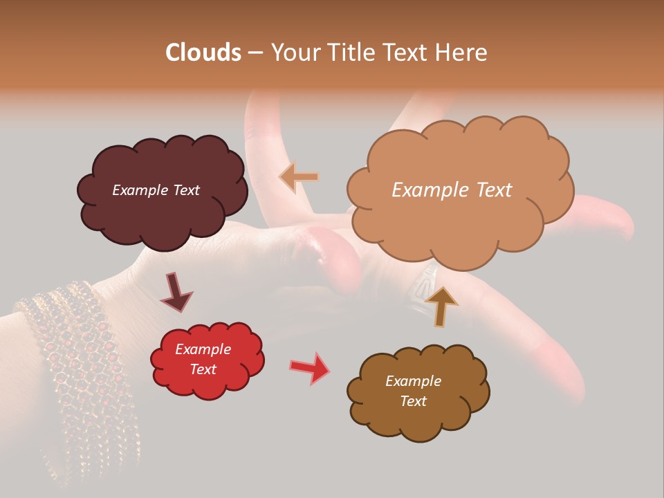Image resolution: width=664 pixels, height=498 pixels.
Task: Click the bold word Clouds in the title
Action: (203, 53)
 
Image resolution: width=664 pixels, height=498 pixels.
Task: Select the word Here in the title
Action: (462, 53)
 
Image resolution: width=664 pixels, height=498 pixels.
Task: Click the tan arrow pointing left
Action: (299, 177)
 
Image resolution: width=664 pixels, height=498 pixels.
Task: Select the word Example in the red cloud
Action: (203, 350)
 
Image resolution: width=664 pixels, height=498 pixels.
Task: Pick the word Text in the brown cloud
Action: (413, 401)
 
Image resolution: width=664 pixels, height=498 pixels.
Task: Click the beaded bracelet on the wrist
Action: (76, 360)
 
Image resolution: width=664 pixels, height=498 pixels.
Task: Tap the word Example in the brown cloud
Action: (413, 381)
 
